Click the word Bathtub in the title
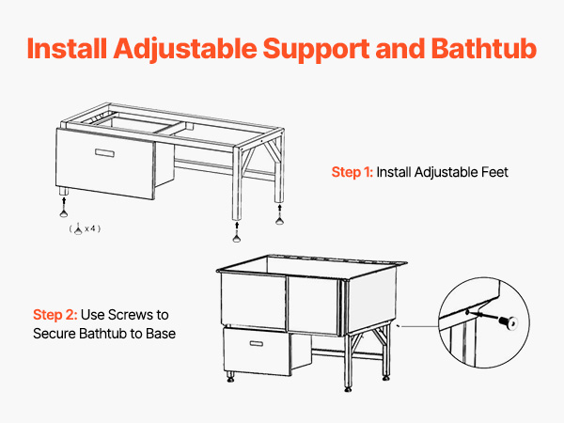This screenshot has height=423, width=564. tap(484, 48)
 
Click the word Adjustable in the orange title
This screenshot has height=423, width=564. tap(185, 50)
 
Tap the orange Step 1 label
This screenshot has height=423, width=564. tap(352, 172)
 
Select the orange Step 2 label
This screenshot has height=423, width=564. tap(55, 315)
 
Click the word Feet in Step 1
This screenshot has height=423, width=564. tap(494, 172)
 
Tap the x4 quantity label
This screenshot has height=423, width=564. tap(90, 228)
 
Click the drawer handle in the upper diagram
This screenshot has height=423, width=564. tap(104, 153)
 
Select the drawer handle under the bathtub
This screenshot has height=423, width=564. tap(256, 343)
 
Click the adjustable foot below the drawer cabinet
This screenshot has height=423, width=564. tap(64, 214)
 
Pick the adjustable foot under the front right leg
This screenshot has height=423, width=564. tap(236, 239)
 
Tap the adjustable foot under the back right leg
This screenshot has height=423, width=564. tap(279, 221)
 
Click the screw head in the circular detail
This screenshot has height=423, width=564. tap(509, 321)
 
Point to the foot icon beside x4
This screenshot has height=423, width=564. tap(78, 228)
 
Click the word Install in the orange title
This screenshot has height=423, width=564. tap(67, 48)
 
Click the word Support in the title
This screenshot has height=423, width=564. tap(316, 50)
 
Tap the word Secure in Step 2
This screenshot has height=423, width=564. tap(55, 334)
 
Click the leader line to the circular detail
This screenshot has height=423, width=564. tap(419, 326)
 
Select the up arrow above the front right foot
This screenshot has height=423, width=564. tap(237, 227)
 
